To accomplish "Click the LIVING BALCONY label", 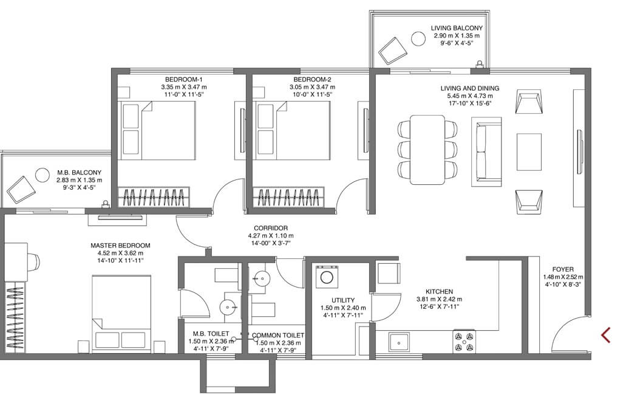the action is tap(457, 28).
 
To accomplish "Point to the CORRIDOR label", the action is tap(271, 228).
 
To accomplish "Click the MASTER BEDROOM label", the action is tap(120, 246).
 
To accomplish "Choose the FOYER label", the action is tap(563, 269).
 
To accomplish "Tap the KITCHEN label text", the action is tap(439, 292).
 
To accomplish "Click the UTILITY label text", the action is tap(343, 300).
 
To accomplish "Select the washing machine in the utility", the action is tap(327, 276).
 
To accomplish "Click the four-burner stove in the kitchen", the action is tap(464, 342).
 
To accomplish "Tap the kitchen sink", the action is tap(398, 343).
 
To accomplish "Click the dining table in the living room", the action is tap(427, 150).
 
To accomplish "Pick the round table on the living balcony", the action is tap(419, 39).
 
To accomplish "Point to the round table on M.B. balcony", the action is tap(42, 174).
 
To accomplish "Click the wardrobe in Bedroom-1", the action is tap(154, 197).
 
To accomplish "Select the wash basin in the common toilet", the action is tap(262, 277).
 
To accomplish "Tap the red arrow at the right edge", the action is tap(606, 335).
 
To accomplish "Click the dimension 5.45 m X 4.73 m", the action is tap(470, 96).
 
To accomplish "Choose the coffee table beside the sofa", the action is tap(529, 152).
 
